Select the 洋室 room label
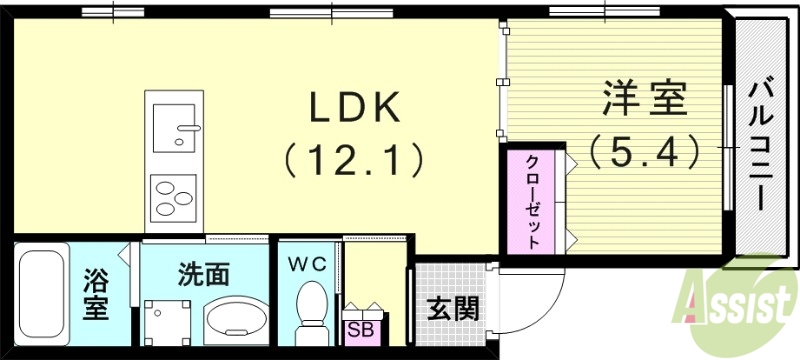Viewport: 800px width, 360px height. coord(643,101)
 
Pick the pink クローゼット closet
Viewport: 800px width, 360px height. coord(533,201)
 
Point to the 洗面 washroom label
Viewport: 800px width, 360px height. coord(205,272)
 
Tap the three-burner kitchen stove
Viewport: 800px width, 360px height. coord(173,199)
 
